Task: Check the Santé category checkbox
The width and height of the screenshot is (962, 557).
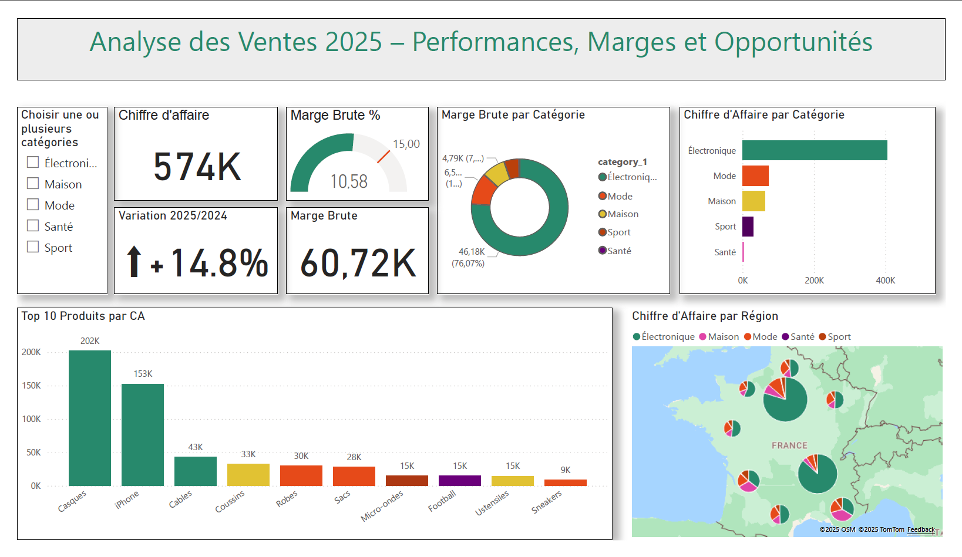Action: click(33, 226)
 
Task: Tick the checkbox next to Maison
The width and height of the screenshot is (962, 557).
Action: click(33, 184)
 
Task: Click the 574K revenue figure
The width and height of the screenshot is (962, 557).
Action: click(197, 167)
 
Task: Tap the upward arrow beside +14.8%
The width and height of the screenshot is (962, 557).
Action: click(134, 261)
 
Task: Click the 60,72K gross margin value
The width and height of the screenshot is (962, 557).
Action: click(358, 263)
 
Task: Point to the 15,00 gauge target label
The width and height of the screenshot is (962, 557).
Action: click(406, 144)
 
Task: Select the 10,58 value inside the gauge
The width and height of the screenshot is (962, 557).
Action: click(349, 181)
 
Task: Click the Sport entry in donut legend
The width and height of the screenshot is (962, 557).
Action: click(618, 232)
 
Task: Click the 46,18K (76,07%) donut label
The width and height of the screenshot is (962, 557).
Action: click(469, 257)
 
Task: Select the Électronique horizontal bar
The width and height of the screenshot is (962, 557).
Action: click(814, 150)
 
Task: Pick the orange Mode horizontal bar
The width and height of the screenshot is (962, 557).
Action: click(755, 175)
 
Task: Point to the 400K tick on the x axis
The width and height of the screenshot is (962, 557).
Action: click(885, 281)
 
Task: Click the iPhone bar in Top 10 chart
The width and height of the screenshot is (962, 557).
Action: click(143, 434)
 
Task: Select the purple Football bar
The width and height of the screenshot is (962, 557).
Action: click(459, 480)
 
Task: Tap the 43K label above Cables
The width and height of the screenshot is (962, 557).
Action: click(196, 447)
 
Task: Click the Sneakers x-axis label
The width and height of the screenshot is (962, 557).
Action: click(547, 502)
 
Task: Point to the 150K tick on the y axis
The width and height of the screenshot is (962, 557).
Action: click(31, 386)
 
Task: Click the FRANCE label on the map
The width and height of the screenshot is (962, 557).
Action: click(789, 445)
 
